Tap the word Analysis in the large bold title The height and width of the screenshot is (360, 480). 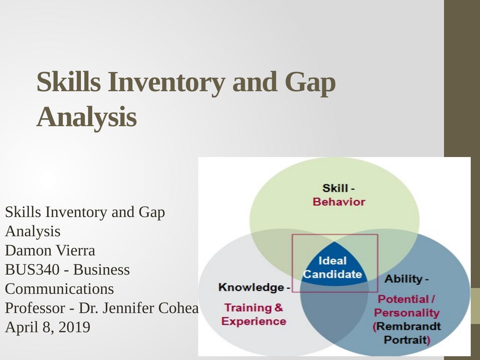click(86, 117)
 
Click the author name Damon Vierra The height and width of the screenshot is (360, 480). click(50, 251)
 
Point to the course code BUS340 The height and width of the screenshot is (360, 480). click(32, 270)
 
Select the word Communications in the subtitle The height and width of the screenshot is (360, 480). click(59, 289)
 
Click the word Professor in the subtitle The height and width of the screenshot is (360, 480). click(35, 308)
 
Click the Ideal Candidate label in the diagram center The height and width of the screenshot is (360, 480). click(332, 267)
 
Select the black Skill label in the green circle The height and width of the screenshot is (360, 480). click(335, 188)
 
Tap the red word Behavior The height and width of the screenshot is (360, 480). click(339, 202)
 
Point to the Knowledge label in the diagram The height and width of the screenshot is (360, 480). click(251, 287)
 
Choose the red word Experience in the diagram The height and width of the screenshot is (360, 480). click(253, 321)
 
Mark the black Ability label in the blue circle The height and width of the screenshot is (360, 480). click(403, 279)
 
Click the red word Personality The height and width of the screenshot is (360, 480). click(407, 313)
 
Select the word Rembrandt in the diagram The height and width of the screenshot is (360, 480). click(408, 326)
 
